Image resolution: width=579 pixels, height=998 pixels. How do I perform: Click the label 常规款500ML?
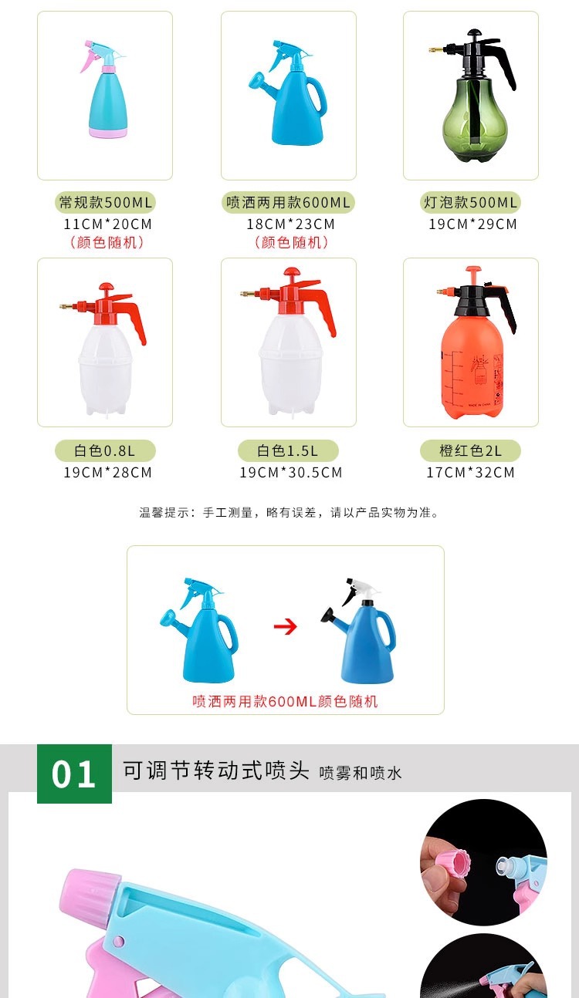coord(106,203)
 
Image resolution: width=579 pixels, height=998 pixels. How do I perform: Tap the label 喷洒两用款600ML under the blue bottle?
coord(289,203)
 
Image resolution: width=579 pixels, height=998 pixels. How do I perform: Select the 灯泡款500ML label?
coord(471,203)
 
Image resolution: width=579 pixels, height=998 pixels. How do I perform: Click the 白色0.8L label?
coord(106,451)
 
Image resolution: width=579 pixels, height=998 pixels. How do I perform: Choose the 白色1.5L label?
coord(288,451)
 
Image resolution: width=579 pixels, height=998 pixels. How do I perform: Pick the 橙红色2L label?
coord(471,451)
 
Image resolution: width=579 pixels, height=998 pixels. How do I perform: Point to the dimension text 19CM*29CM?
coord(472,224)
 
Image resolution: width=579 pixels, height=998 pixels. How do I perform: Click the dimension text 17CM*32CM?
coord(470,472)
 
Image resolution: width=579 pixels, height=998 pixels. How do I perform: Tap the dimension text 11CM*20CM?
coord(107,224)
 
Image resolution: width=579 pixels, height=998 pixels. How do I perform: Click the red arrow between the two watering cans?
coord(286,626)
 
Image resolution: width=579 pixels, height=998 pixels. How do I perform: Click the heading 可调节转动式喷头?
coord(216,770)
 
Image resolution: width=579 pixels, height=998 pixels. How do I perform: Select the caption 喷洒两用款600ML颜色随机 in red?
coord(285,702)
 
